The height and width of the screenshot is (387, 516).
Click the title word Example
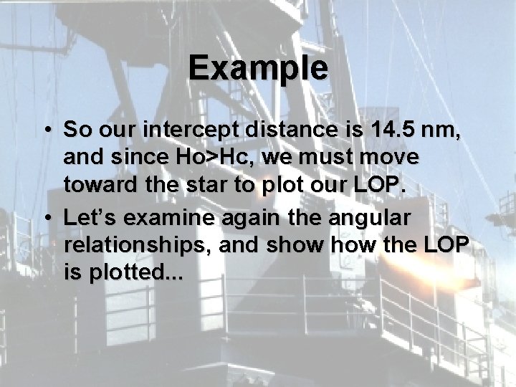tap(259, 69)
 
